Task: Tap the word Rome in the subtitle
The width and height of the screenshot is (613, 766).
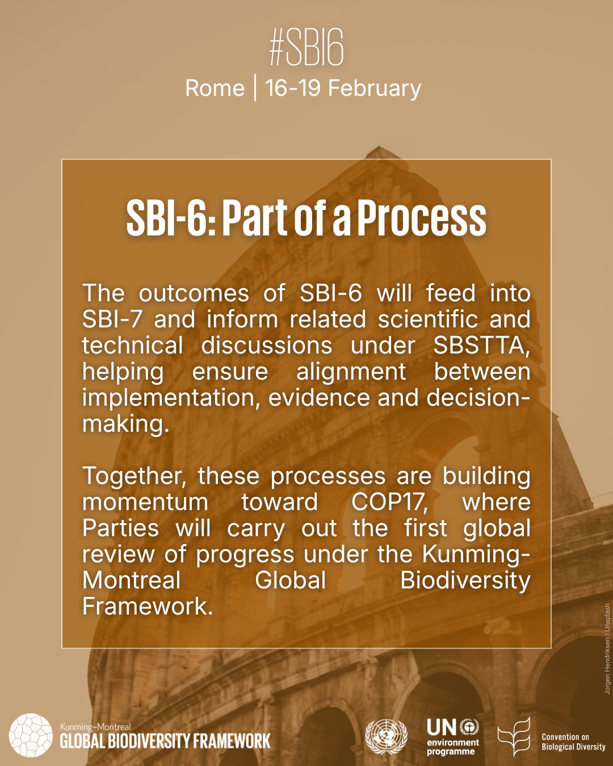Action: tap(215, 89)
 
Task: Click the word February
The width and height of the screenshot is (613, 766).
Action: tap(375, 89)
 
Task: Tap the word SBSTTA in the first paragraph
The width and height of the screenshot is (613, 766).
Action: tap(481, 346)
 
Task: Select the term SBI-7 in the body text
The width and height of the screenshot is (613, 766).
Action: tap(112, 319)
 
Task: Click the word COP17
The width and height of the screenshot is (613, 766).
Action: tap(389, 502)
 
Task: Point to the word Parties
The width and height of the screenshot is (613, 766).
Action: tap(120, 528)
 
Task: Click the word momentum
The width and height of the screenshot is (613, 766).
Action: tap(145, 503)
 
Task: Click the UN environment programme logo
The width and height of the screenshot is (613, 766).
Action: tap(453, 736)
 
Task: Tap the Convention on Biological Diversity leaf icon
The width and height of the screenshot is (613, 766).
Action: tap(514, 736)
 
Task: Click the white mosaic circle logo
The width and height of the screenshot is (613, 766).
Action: tap(31, 735)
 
